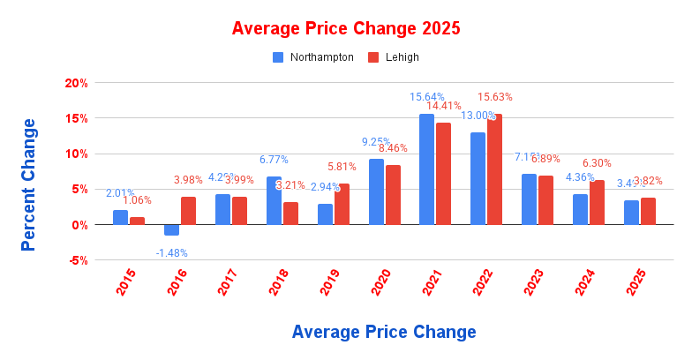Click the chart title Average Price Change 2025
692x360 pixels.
tap(345, 28)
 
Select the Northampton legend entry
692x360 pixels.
tap(313, 57)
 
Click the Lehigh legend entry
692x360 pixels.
tap(393, 57)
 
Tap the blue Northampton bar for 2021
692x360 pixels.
tap(426, 169)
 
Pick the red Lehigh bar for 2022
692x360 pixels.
tap(494, 169)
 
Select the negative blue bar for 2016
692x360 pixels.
tap(171, 230)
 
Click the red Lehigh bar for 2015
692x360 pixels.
tap(137, 221)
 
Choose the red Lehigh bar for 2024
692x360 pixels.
tap(597, 202)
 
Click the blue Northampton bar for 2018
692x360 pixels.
tap(274, 200)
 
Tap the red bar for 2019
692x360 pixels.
tap(342, 204)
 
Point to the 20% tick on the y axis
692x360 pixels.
tap(76, 83)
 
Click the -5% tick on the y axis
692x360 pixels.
tap(76, 260)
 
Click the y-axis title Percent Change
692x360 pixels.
tap(29, 184)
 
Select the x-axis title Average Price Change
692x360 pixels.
tap(383, 332)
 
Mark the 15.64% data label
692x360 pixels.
tap(426, 96)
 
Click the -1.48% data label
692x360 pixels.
tap(171, 252)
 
